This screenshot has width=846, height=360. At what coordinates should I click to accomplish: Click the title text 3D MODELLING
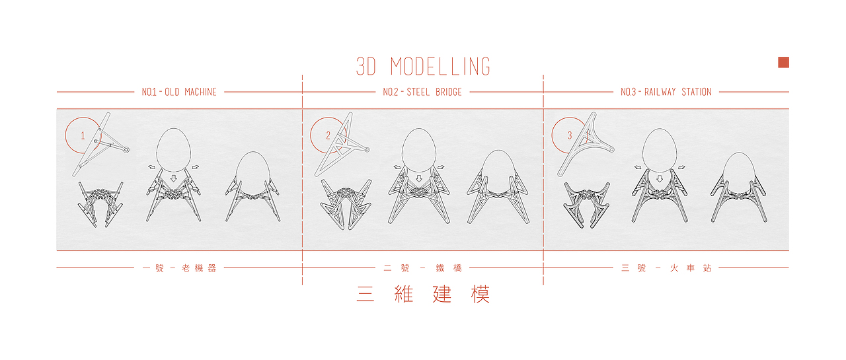pyautogui.click(x=423, y=67)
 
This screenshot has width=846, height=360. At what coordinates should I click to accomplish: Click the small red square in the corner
pyautogui.click(x=783, y=62)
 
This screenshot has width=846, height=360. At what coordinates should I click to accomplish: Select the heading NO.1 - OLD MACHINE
pyautogui.click(x=179, y=92)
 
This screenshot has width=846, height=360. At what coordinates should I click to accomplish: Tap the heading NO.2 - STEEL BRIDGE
pyautogui.click(x=422, y=92)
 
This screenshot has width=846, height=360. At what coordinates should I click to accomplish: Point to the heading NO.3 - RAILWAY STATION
pyautogui.click(x=666, y=92)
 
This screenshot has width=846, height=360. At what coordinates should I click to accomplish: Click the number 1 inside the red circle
pyautogui.click(x=83, y=135)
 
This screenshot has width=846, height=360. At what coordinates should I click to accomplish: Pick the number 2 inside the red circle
pyautogui.click(x=328, y=135)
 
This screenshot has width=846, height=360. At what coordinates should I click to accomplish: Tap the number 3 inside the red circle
pyautogui.click(x=570, y=135)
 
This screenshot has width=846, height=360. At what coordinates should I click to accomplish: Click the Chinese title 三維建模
pyautogui.click(x=423, y=295)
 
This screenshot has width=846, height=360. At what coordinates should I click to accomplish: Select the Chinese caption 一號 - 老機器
pyautogui.click(x=179, y=268)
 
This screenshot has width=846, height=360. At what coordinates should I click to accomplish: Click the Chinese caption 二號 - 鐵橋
pyautogui.click(x=422, y=268)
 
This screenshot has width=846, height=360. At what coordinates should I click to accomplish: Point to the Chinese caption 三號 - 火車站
pyautogui.click(x=666, y=268)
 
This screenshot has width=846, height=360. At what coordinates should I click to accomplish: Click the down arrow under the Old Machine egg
pyautogui.click(x=173, y=178)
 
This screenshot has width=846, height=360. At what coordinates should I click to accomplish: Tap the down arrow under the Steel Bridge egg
pyautogui.click(x=418, y=178)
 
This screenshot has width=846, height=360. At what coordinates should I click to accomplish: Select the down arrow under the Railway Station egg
pyautogui.click(x=660, y=178)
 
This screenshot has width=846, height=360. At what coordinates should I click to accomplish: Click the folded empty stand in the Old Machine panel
pyautogui.click(x=100, y=204)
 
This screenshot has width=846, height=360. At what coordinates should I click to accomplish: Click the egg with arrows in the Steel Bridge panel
pyautogui.click(x=418, y=151)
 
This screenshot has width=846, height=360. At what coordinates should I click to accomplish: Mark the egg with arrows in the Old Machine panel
pyautogui.click(x=173, y=151)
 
